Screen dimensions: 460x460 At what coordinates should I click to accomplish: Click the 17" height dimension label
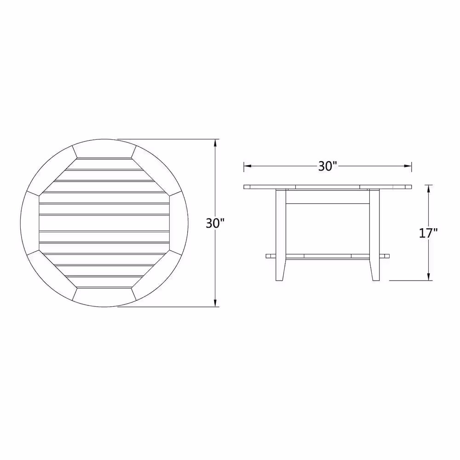click(428, 233)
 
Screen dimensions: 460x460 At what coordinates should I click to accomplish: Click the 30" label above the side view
click(328, 167)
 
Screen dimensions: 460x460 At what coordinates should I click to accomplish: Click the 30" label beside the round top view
click(215, 224)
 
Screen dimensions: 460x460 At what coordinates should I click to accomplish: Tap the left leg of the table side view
click(281, 235)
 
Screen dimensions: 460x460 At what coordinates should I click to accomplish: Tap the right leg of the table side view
click(374, 235)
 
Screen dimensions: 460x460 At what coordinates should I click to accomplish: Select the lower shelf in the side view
click(328, 256)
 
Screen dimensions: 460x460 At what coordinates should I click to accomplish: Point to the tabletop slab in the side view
click(328, 187)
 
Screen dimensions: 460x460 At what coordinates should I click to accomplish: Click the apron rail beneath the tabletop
click(328, 197)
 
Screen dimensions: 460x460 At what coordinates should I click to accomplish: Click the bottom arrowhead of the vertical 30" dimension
click(216, 303)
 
